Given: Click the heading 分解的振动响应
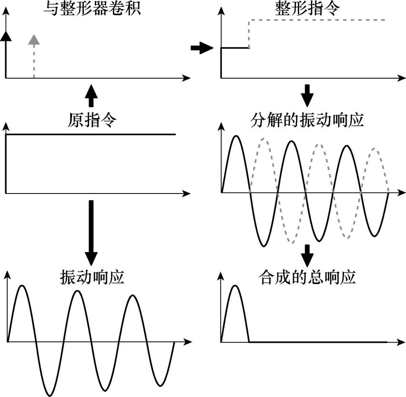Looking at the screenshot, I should coord(307,121).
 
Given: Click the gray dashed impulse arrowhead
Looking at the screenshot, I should coord(33,40).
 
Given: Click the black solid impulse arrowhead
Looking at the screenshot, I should coord(6,35).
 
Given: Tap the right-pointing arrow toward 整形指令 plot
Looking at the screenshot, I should coord(200,48).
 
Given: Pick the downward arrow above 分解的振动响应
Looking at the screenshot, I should coord(308,96).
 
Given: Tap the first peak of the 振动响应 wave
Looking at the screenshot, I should coord(20,285).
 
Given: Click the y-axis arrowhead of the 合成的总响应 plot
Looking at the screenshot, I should coord(221,276).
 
